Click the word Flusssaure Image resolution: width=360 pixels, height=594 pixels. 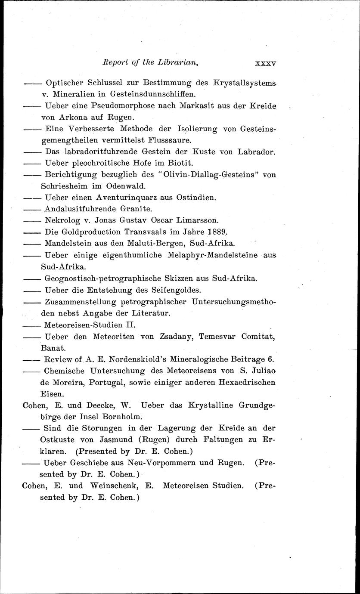169,140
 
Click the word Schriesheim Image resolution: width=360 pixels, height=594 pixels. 64,186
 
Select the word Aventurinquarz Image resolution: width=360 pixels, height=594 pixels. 129,198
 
